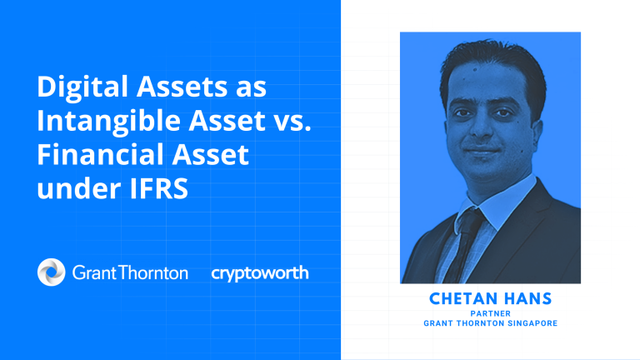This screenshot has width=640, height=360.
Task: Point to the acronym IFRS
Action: coord(159,188)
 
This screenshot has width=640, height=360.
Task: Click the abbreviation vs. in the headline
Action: coord(292,122)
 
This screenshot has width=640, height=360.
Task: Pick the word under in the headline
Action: coord(79,188)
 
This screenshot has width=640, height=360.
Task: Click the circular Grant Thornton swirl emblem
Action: coord(52,272)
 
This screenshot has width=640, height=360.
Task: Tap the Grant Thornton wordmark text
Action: coord(130,272)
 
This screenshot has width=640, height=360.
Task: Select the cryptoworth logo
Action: coord(260,273)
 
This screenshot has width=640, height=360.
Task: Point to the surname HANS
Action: coord(522,299)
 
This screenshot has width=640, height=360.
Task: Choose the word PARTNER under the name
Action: coord(491,314)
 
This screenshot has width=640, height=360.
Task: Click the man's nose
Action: coord(482,127)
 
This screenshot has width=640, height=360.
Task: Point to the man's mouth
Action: coord(482,150)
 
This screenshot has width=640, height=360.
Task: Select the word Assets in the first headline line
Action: coord(182,87)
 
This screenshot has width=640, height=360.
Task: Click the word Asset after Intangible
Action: coord(227,121)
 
